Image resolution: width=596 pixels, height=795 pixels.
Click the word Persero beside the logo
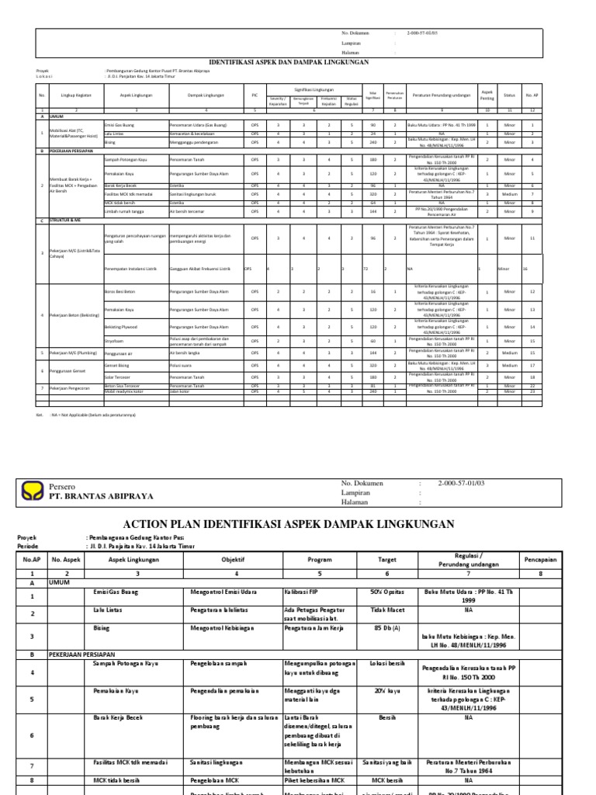(x=63, y=484)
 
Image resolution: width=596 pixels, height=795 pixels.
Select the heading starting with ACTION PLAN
(x=298, y=526)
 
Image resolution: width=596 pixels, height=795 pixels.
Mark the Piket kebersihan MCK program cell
(x=310, y=780)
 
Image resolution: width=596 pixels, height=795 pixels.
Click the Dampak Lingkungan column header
(x=206, y=95)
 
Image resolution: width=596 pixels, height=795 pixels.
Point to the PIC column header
(x=255, y=95)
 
